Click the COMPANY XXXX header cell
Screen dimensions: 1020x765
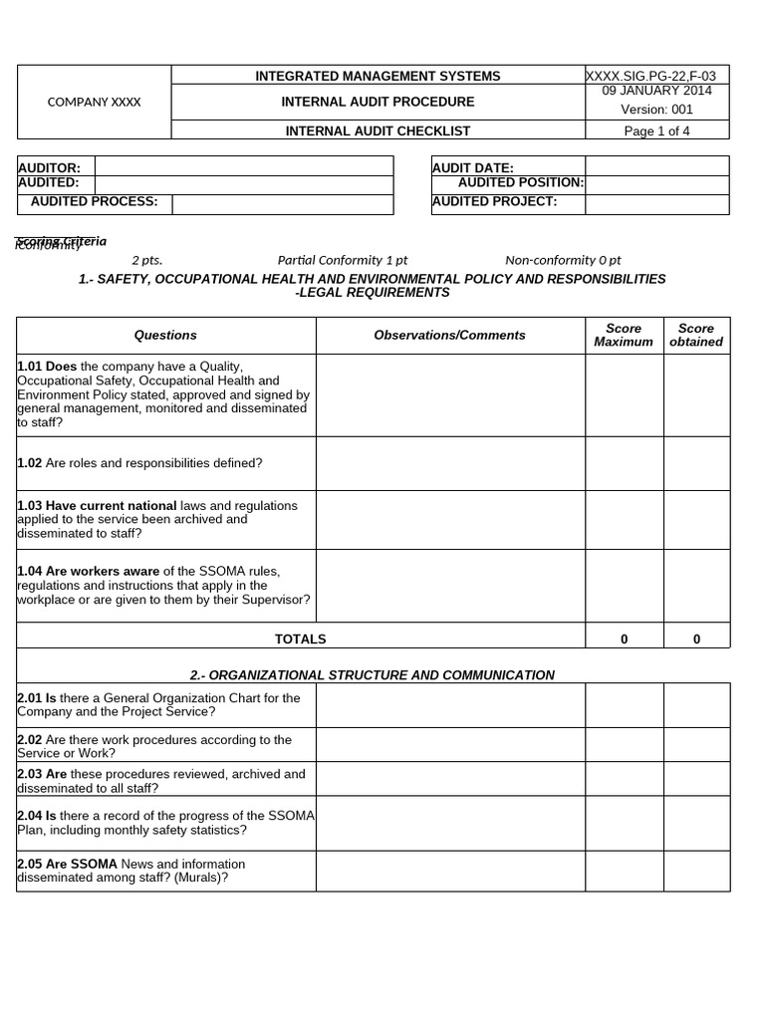tap(95, 103)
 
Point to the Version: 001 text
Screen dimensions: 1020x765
tap(656, 110)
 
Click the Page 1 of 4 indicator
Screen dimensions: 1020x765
tap(656, 131)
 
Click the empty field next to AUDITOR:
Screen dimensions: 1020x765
tap(243, 167)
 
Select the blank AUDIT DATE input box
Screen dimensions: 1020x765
tap(656, 167)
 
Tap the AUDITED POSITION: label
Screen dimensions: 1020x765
tap(520, 183)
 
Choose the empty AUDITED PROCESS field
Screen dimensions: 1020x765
tap(282, 202)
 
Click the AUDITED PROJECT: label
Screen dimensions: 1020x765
tap(494, 202)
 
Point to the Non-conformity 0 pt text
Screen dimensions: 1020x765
tap(563, 260)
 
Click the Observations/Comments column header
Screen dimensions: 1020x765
tap(449, 336)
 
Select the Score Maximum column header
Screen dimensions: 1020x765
tap(624, 336)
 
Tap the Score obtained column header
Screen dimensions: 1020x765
tap(696, 336)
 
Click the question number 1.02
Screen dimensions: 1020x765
tap(30, 463)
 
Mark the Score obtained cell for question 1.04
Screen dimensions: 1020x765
tap(696, 586)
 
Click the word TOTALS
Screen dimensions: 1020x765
tap(300, 639)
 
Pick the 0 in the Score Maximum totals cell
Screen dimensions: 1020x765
tap(624, 639)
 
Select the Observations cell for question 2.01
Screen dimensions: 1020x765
tap(449, 705)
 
